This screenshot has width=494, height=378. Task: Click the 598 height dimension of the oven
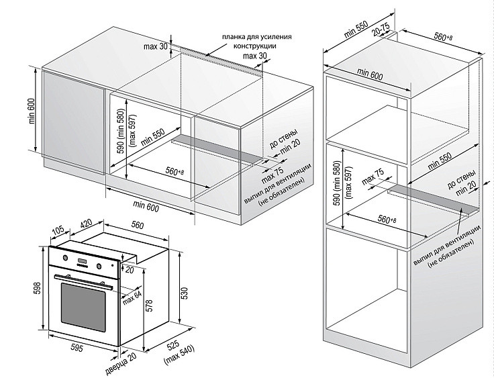coord(36,288)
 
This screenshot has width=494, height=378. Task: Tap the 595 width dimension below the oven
coord(77,347)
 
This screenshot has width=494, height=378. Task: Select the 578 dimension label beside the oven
coord(149,305)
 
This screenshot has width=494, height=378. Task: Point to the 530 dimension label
coord(185,293)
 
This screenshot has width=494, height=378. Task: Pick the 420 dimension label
coord(86,224)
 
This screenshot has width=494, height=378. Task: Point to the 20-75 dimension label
coord(381,30)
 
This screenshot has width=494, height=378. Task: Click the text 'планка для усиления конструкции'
coord(256,42)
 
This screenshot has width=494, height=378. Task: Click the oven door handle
coord(84,281)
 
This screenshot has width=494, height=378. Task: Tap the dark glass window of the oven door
coord(83,307)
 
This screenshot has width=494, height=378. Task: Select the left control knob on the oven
coord(65,258)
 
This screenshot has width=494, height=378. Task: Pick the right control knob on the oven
coord(99,266)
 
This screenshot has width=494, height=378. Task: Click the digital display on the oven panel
coord(82,261)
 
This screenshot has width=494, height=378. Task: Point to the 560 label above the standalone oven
coord(138,225)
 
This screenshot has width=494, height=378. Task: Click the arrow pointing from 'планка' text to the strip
coord(216,50)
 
